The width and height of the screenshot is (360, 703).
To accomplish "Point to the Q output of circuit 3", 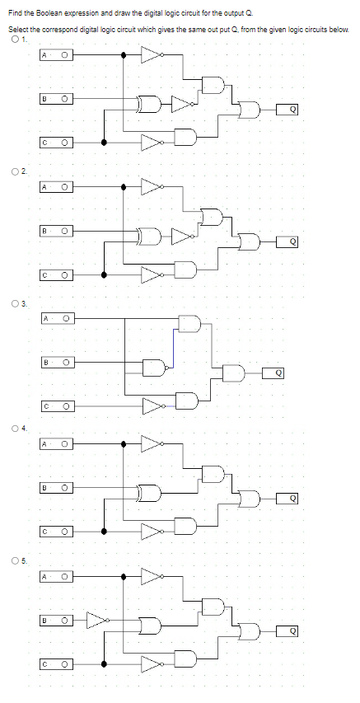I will [x=278, y=373].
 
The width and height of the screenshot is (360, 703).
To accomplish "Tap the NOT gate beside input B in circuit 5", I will [x=97, y=618].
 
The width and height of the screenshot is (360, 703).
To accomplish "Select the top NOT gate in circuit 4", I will [x=152, y=444].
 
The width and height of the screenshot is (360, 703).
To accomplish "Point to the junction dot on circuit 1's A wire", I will [x=124, y=55].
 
